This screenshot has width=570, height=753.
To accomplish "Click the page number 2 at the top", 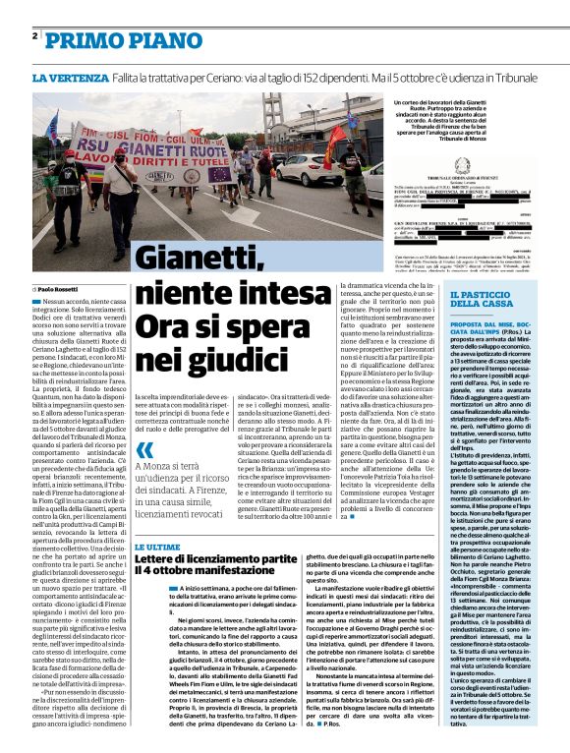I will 34,36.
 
